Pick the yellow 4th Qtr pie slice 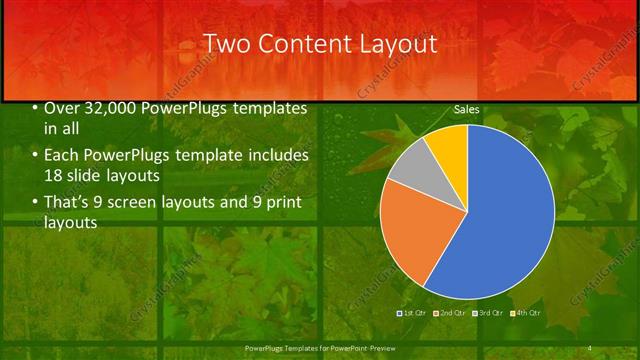click(x=451, y=146)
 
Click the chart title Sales click(x=466, y=108)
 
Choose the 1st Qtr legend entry click(x=413, y=313)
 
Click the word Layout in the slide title click(x=397, y=44)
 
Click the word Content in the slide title click(x=301, y=44)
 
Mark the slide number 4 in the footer click(x=590, y=348)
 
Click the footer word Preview click(x=379, y=348)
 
